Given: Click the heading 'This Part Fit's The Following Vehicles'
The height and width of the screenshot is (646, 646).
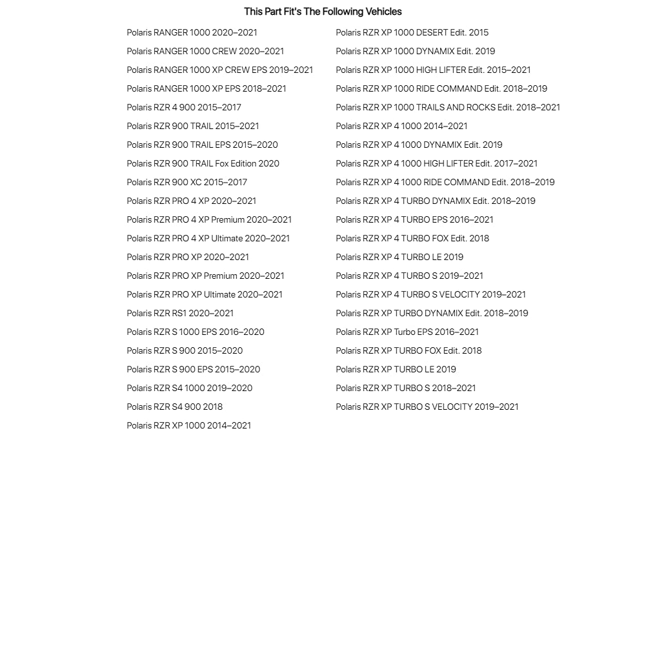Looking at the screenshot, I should click(323, 12).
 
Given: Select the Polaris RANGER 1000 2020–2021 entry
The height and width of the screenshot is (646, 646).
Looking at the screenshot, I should click(192, 32).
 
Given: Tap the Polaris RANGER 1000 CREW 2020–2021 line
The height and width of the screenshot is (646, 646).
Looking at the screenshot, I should click(205, 51).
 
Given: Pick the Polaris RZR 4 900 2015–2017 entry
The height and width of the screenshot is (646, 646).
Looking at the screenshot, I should click(184, 107).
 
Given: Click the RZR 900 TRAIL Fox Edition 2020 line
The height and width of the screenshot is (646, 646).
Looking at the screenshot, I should click(203, 163).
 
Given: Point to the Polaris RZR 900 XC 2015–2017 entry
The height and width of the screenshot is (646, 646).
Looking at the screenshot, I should click(187, 182).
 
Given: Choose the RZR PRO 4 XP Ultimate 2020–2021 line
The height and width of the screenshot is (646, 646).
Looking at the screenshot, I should click(208, 238).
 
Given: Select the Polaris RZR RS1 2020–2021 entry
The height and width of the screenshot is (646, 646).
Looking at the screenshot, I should click(180, 313).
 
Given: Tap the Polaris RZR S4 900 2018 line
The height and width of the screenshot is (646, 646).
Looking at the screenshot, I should click(174, 407).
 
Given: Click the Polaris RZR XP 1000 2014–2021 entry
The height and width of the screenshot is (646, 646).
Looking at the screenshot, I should click(188, 425).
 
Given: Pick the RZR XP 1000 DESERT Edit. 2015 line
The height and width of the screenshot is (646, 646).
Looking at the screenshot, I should click(412, 32).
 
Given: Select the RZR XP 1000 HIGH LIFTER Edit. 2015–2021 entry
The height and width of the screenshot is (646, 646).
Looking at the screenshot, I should click(433, 70).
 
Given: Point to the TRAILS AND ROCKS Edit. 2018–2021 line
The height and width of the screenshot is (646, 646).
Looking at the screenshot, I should click(448, 107).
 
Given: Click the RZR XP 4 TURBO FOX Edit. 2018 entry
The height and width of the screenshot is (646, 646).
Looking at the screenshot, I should click(412, 238).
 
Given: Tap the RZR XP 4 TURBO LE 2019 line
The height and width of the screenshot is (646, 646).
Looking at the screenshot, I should click(399, 257).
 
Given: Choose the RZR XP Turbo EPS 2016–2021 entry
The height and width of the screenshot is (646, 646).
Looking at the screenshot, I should click(407, 332).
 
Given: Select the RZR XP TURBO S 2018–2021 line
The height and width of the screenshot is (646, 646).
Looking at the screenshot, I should click(405, 388).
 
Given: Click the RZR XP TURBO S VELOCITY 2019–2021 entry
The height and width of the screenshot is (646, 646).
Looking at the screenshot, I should click(427, 407).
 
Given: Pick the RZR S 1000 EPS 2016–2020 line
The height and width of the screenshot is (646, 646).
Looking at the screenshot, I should click(196, 332).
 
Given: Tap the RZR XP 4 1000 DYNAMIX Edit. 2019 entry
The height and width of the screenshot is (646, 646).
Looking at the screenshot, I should click(419, 145).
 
